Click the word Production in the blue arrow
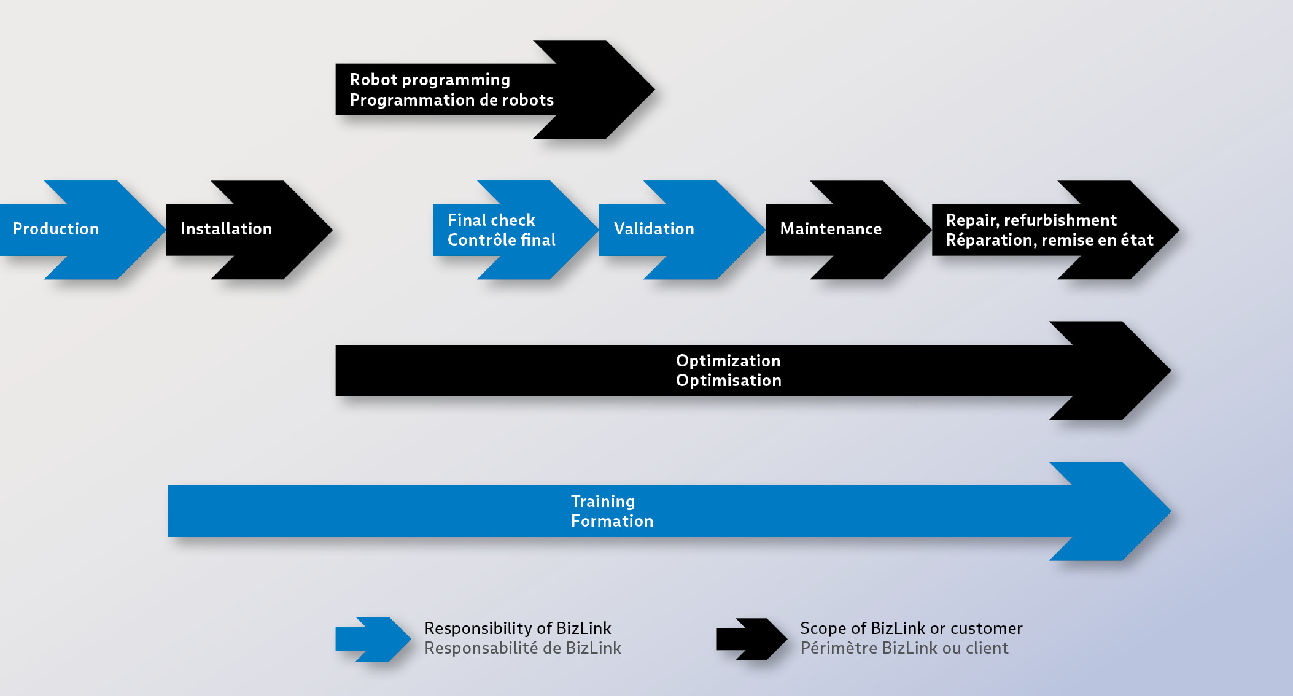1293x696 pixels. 56,229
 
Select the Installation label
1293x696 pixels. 226,229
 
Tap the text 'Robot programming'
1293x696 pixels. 430,80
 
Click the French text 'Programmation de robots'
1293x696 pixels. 452,100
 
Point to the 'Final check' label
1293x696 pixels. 491,220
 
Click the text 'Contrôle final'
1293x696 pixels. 502,239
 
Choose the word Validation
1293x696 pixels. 654,229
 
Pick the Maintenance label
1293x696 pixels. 831,229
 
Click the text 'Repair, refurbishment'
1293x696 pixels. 1031,220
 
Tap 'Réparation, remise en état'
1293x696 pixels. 1050,240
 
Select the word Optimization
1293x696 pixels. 728,361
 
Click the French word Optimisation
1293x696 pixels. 729,381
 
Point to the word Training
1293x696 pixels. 603,501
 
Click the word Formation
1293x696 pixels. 612,521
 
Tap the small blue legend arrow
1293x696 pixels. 373,639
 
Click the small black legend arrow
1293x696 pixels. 752,639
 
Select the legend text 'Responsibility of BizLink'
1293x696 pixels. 518,628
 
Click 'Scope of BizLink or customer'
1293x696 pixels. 911,628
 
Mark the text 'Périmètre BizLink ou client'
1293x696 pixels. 904,648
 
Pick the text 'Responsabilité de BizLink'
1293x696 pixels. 522,648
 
